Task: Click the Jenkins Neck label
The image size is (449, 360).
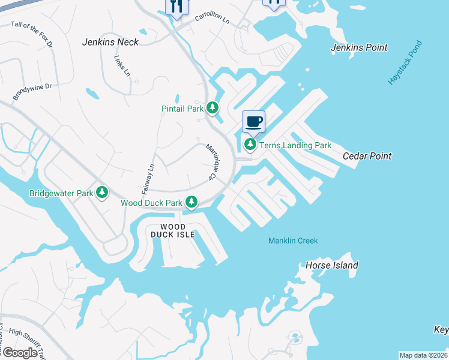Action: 110,42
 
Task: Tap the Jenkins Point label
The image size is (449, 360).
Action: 359,47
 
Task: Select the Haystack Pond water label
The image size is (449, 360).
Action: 405,62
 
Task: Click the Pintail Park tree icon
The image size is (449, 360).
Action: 212,109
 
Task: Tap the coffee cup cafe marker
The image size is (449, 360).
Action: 253,122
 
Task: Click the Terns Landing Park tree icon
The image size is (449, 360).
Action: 250,145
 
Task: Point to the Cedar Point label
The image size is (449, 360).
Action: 367,156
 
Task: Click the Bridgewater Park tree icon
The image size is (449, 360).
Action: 103,193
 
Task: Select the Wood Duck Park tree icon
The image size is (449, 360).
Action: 191,202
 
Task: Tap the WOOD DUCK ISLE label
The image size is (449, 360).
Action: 172,231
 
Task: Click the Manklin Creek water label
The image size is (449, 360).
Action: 293,241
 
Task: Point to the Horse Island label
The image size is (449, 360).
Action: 332,265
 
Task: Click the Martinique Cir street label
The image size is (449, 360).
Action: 211,161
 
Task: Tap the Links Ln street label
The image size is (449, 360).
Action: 122,66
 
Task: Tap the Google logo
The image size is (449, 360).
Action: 20,352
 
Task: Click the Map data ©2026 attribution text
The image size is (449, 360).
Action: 423,355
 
